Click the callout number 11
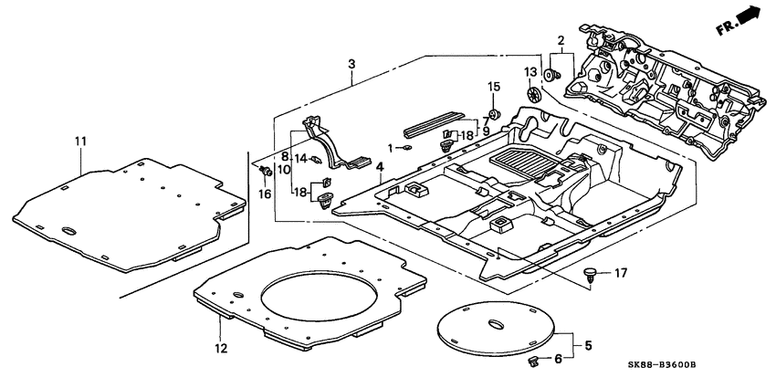80,141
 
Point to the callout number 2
561,39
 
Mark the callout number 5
589,346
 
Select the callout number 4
378,167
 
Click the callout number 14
299,160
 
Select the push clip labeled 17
592,273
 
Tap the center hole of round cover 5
497,325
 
